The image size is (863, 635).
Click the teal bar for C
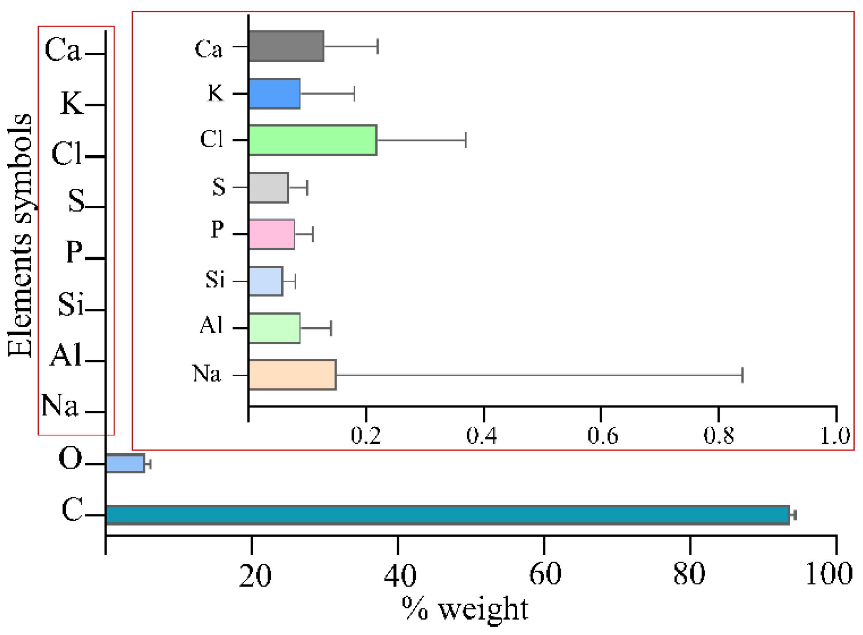click(x=447, y=515)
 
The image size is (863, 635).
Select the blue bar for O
click(x=125, y=463)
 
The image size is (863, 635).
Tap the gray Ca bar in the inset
click(x=286, y=46)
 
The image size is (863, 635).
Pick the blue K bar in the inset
click(x=274, y=94)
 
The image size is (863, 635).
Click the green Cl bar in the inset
click(x=312, y=140)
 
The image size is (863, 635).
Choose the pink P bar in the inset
click(x=271, y=235)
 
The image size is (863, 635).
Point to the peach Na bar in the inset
click(x=292, y=375)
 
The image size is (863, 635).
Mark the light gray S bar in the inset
click(x=268, y=188)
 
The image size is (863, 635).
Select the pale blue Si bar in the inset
click(x=265, y=281)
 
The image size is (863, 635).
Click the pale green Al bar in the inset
click(x=274, y=328)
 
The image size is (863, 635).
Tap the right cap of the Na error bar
click(x=742, y=375)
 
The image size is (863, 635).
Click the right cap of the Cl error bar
click(x=466, y=140)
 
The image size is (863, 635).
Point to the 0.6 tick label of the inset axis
click(x=602, y=435)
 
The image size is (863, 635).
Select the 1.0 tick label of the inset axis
click(x=835, y=435)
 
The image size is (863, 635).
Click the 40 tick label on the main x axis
click(x=399, y=576)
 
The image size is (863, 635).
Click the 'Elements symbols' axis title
click(x=20, y=235)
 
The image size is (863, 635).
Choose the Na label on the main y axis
click(x=60, y=405)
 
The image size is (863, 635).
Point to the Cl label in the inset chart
click(x=212, y=139)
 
